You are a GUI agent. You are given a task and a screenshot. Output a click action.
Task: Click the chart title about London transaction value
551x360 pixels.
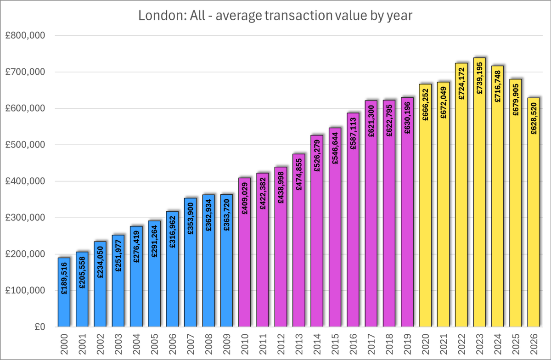[275, 16]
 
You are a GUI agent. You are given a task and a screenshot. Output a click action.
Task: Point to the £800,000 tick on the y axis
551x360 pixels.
[29, 36]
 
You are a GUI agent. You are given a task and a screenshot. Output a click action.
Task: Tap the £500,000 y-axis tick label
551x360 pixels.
[29, 145]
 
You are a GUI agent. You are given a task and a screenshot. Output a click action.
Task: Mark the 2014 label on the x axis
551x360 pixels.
[317, 343]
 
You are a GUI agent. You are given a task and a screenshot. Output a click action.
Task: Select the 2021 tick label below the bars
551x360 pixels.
[443, 343]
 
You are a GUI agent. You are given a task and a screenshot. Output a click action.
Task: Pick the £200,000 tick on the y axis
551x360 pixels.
[29, 254]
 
